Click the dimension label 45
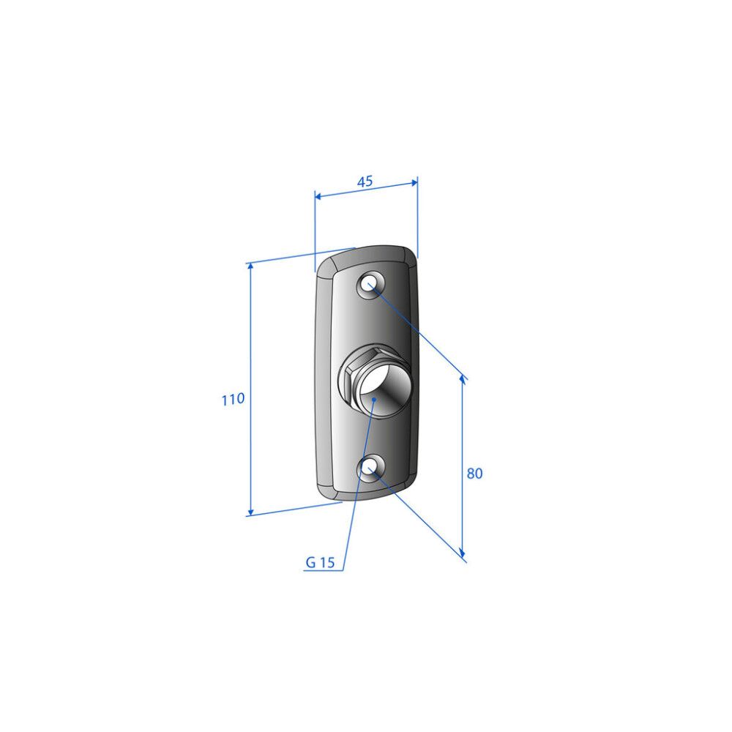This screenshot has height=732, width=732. point(365,181)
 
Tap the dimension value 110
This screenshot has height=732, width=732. point(233,399)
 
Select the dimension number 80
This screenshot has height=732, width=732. point(474,474)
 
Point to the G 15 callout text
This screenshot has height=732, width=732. point(321,562)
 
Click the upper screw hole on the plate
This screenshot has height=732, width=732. point(370,284)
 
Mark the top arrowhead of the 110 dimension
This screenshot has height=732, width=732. point(250,266)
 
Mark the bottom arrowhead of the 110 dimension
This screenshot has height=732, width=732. point(250,512)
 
